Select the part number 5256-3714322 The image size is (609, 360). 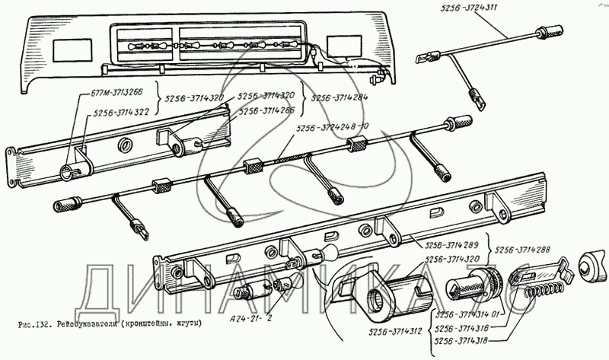pos(123,113)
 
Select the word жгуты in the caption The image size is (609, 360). pos(187,326)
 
